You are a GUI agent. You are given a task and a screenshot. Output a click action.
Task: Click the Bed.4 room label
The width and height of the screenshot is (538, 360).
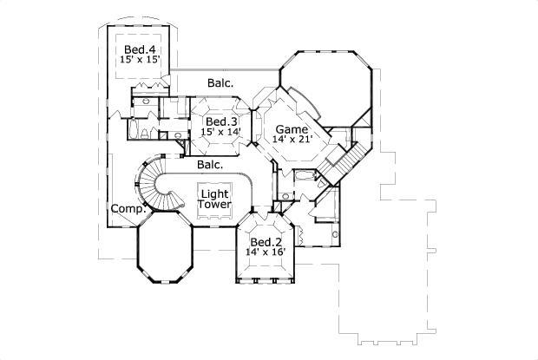[139, 49]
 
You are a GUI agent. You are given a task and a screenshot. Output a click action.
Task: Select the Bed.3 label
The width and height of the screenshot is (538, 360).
[221, 121]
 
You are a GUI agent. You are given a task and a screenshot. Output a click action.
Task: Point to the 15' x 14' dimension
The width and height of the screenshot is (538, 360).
[221, 132]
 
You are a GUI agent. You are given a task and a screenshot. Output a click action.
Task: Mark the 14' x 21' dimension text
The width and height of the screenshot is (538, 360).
[291, 139]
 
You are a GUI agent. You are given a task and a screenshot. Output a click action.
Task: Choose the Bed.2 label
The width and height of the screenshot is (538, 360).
[266, 242]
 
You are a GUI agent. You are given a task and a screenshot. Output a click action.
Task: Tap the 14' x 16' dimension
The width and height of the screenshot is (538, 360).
[266, 253]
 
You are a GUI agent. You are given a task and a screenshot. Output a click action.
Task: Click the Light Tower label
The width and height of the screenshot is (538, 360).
[214, 198]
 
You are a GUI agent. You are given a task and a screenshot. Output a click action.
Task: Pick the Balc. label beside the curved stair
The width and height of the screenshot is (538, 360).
[210, 163]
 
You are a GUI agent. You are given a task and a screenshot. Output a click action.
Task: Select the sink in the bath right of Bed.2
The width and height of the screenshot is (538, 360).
[335, 234]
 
